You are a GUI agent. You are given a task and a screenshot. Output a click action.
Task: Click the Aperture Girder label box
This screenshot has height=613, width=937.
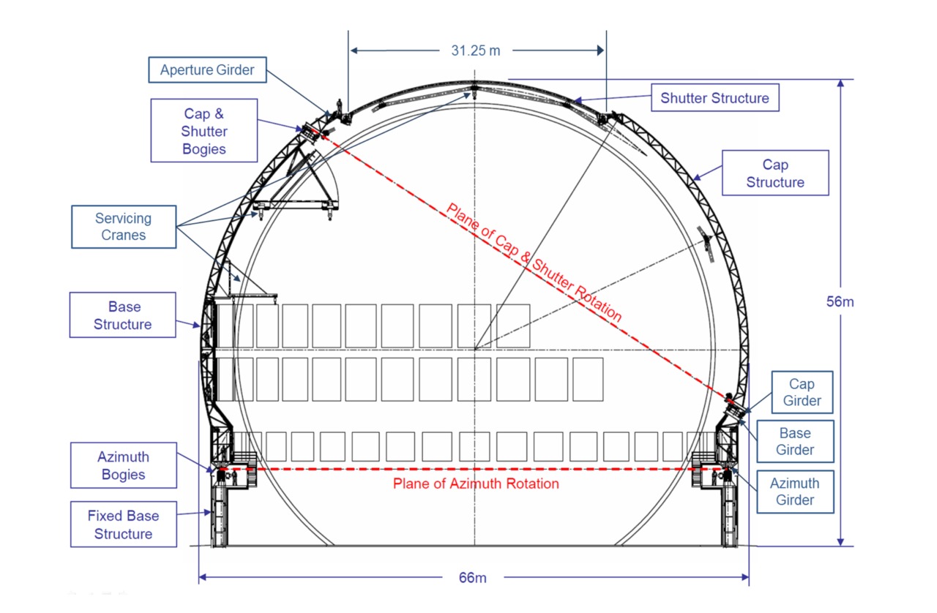coord(207,69)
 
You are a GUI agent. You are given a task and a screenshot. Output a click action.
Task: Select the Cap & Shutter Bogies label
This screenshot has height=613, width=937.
coord(204,131)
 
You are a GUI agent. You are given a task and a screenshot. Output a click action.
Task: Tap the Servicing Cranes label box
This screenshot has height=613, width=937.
coord(124,227)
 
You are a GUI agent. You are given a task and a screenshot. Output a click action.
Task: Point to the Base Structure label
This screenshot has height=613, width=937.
coord(122,315)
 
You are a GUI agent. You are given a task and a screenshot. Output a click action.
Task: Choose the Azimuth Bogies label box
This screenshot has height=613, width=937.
coord(124,465)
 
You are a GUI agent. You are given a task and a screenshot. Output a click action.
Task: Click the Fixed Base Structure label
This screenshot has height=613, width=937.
coord(124,524)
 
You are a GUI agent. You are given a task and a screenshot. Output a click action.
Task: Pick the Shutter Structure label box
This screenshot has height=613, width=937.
coord(715,98)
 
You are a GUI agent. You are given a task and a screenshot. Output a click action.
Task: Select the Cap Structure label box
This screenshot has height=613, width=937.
coord(775,173)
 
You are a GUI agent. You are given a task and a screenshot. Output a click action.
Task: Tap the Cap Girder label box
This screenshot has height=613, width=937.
coord(802,392)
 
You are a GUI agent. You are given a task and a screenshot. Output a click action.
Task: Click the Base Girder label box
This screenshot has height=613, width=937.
coord(795,441)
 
